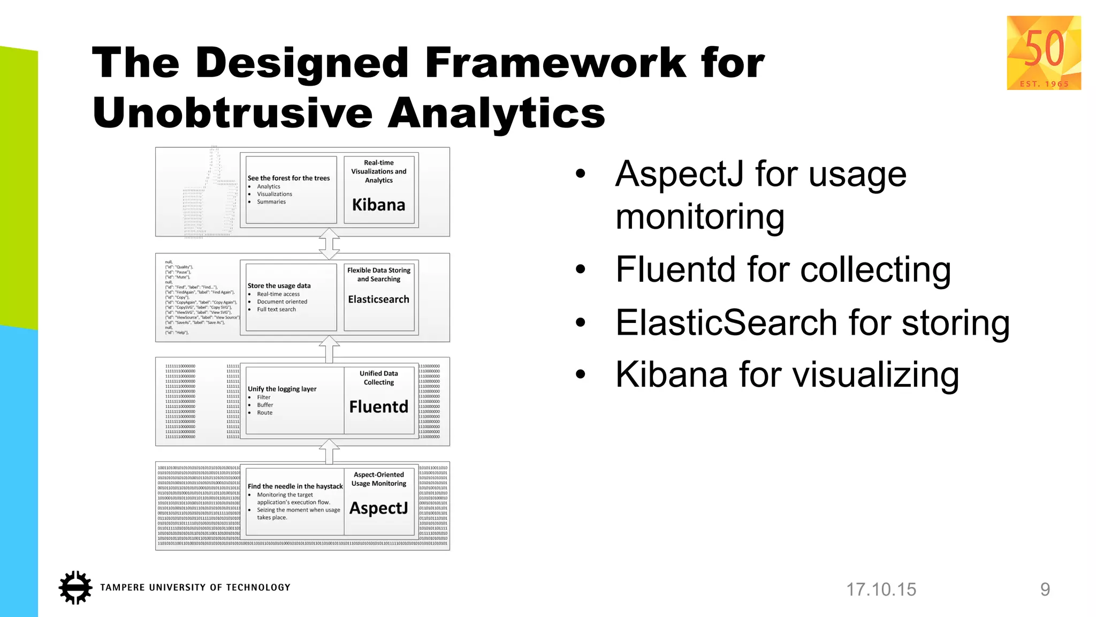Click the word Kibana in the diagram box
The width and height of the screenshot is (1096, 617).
[x=378, y=205]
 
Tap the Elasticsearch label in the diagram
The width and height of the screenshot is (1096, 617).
[x=378, y=299]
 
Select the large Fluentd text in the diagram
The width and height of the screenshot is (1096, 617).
[x=378, y=407]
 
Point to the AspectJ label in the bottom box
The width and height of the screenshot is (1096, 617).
[x=378, y=508]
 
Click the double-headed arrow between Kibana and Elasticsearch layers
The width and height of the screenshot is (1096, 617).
[x=329, y=244]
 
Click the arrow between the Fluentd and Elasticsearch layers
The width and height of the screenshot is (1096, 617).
[x=329, y=349]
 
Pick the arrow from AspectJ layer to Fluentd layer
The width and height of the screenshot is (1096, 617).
[x=329, y=453]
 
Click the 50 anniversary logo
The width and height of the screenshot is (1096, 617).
[x=1044, y=52]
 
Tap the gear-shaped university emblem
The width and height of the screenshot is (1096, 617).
[x=75, y=588]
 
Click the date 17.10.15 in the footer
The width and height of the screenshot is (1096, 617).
[x=881, y=590]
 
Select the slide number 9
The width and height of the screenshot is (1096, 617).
[x=1045, y=590]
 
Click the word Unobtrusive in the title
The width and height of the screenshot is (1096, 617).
[x=233, y=113]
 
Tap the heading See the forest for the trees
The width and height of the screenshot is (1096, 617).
[x=288, y=178]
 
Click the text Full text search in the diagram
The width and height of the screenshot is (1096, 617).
[x=276, y=310]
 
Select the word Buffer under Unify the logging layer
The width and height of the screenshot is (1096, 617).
[x=265, y=405]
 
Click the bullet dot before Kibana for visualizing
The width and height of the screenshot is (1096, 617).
[x=581, y=374]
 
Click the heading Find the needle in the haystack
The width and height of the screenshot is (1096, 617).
[x=295, y=486]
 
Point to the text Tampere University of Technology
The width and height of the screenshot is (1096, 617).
[x=195, y=588]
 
